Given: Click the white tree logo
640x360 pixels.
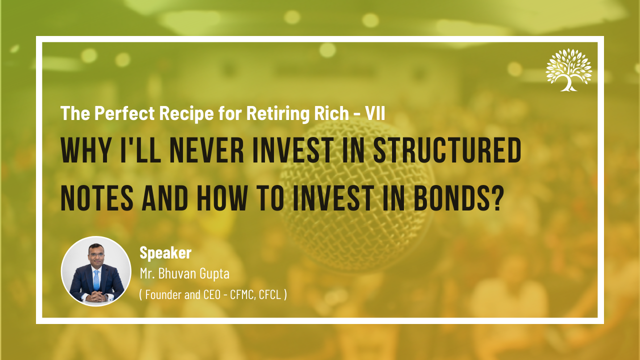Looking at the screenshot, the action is pyautogui.click(x=569, y=70).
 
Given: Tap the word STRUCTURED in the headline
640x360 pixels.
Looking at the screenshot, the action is pyautogui.click(x=447, y=150).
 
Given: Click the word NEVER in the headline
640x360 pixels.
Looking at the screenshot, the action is pyautogui.click(x=207, y=150).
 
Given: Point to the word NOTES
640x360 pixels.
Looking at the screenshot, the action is pyautogui.click(x=97, y=198).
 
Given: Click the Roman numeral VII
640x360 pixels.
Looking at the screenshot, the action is pyautogui.click(x=375, y=113).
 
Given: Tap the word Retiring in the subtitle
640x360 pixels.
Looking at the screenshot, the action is pyautogui.click(x=277, y=113).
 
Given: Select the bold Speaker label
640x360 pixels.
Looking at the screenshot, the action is pyautogui.click(x=165, y=253).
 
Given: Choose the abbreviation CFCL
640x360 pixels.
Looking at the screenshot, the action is pyautogui.click(x=270, y=295).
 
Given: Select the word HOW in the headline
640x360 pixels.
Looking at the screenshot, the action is pyautogui.click(x=222, y=198).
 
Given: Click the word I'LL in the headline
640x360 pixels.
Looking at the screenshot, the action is pyautogui.click(x=140, y=150).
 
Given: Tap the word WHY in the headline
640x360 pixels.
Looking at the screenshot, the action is pyautogui.click(x=85, y=150).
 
